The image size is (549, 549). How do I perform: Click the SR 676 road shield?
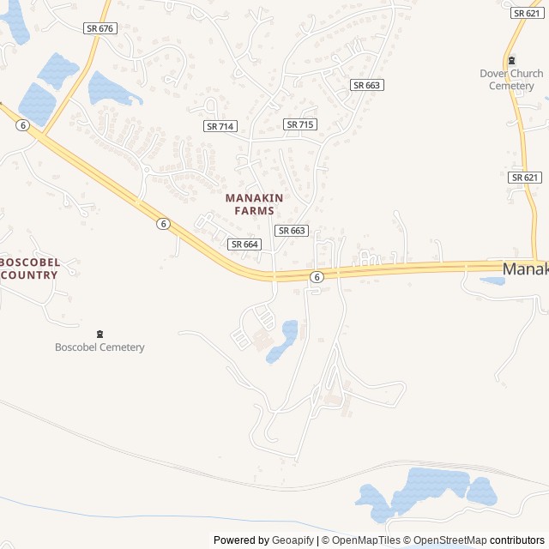pyautogui.click(x=100, y=28)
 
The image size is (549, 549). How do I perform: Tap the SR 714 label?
pyautogui.click(x=220, y=126)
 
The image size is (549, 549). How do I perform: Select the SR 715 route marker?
pyautogui.click(x=300, y=124)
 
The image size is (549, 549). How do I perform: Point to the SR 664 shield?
pyautogui.click(x=244, y=244)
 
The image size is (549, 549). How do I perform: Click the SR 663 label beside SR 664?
pyautogui.click(x=292, y=231)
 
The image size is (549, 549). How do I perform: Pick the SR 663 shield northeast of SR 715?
pyautogui.click(x=367, y=85)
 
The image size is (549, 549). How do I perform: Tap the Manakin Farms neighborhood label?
pyautogui.click(x=254, y=204)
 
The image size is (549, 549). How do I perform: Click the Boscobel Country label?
pyautogui.click(x=29, y=268)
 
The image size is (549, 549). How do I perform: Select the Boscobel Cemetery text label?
pyautogui.click(x=100, y=347)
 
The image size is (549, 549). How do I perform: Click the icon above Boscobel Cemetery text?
pyautogui.click(x=100, y=334)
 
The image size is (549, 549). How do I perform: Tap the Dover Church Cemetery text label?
pyautogui.click(x=511, y=80)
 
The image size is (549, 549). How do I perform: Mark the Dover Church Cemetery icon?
pyautogui.click(x=512, y=60)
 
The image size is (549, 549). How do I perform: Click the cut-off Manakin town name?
pyautogui.click(x=525, y=269)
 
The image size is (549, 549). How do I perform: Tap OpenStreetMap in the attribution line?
pyautogui.click(x=450, y=540)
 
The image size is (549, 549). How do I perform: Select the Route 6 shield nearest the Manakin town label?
pyautogui.click(x=317, y=277)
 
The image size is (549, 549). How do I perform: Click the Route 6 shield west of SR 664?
pyautogui.click(x=163, y=224)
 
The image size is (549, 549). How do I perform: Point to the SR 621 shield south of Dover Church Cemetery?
pyautogui.click(x=524, y=178)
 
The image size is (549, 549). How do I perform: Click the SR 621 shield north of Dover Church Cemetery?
pyautogui.click(x=526, y=13)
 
